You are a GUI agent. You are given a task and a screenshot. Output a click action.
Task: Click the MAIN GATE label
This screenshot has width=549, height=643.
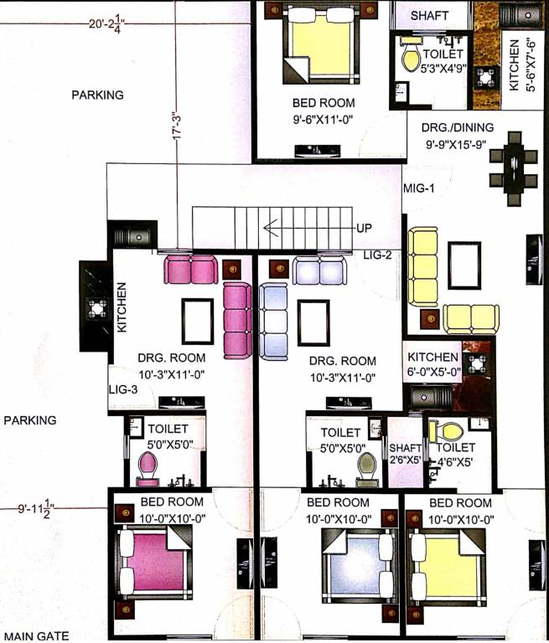coord(34,635)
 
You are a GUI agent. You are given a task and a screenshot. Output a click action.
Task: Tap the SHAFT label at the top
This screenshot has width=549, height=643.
coord(429,16)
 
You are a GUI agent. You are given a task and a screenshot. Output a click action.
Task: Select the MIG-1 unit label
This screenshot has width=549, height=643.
coord(418,188)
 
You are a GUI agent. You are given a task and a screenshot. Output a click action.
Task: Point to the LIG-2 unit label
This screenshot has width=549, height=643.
coord(378,254)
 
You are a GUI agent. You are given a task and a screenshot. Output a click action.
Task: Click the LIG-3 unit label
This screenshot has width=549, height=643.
coord(122,390)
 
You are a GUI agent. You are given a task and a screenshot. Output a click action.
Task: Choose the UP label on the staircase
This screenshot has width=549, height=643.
coord(364,229)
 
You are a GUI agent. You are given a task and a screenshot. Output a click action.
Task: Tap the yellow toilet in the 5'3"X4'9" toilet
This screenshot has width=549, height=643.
coord(411,58)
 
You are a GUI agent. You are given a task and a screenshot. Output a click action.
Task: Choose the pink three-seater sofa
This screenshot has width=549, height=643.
coord(237,319)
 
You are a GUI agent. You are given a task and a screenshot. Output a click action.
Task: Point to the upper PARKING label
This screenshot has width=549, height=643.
coord(97,95)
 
